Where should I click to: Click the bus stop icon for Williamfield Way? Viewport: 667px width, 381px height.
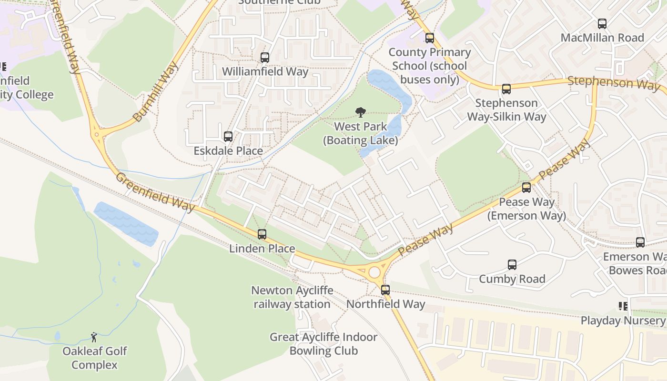(x=265, y=58)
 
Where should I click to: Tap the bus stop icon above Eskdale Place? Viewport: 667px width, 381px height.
(x=228, y=137)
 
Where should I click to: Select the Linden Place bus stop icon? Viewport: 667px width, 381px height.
(x=262, y=234)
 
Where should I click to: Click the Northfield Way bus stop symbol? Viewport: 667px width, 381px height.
(x=385, y=290)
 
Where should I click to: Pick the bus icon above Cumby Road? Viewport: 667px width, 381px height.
(x=512, y=265)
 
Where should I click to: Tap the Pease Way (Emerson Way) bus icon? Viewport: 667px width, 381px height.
(x=526, y=188)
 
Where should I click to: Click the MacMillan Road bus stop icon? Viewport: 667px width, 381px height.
(x=602, y=24)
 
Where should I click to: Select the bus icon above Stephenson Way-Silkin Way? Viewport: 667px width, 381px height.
(x=506, y=89)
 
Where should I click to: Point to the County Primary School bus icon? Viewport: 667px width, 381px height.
(x=430, y=38)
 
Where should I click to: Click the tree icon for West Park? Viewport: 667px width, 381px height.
(x=361, y=112)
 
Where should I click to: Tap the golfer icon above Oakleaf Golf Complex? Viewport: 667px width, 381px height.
(x=94, y=337)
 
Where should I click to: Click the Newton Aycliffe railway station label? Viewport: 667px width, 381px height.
(x=292, y=297)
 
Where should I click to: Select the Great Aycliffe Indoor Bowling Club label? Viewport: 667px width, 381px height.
(x=323, y=344)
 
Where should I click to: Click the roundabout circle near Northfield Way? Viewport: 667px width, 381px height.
(x=374, y=272)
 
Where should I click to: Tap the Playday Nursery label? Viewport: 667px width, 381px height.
(x=622, y=321)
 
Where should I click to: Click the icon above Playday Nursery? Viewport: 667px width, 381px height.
(x=623, y=306)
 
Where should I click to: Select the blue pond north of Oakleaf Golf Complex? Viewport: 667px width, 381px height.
(x=126, y=223)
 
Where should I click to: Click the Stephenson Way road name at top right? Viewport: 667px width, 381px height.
(x=613, y=83)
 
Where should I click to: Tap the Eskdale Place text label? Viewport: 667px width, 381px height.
(x=228, y=151)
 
